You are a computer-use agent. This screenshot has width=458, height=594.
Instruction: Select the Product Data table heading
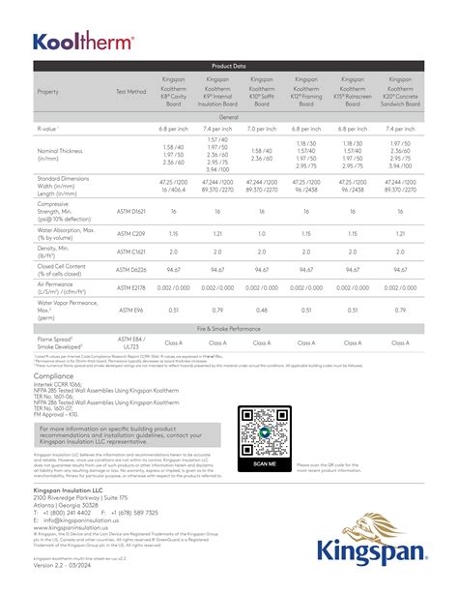pos(228,66)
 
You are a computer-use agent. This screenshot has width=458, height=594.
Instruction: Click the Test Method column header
pos(131,91)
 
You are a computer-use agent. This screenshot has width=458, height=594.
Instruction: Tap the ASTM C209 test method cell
pos(131,233)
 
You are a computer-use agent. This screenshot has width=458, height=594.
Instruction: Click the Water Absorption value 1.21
pos(217,233)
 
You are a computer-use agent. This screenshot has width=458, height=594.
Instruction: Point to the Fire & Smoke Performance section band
pos(228,330)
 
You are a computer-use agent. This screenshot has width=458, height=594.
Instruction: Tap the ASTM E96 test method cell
pos(131,311)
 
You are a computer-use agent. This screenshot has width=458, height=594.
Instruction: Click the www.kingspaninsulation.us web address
pos(79,526)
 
